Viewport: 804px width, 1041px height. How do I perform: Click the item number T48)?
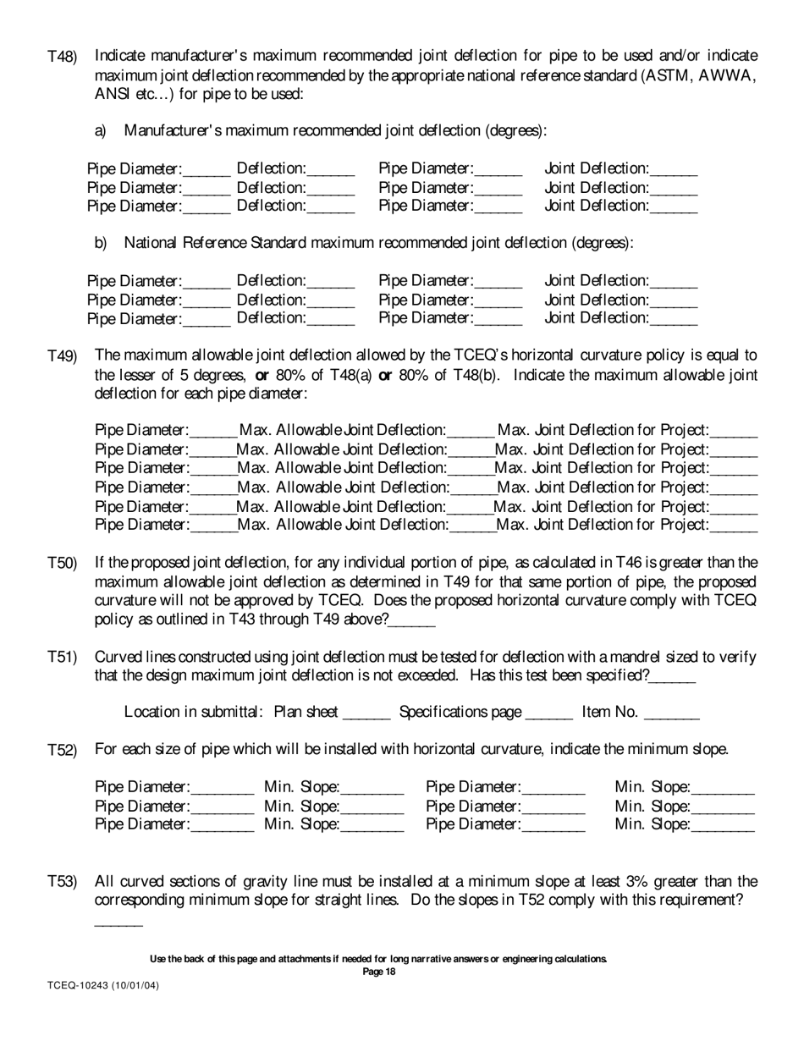[x=62, y=57]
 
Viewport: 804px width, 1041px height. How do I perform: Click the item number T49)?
[x=62, y=356]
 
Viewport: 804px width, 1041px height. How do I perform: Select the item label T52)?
[x=62, y=751]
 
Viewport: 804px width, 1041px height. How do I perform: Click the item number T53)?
[x=62, y=883]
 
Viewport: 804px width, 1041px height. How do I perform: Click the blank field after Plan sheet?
[x=366, y=713]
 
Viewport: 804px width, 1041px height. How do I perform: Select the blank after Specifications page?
[x=549, y=713]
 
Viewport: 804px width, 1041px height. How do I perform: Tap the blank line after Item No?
[x=671, y=713]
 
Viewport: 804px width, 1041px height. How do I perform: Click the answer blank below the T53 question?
[x=118, y=921]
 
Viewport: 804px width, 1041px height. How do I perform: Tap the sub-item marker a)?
[x=101, y=131]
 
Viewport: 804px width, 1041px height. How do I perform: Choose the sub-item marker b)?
[x=101, y=244]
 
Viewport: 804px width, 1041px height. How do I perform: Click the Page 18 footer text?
[x=378, y=972]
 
